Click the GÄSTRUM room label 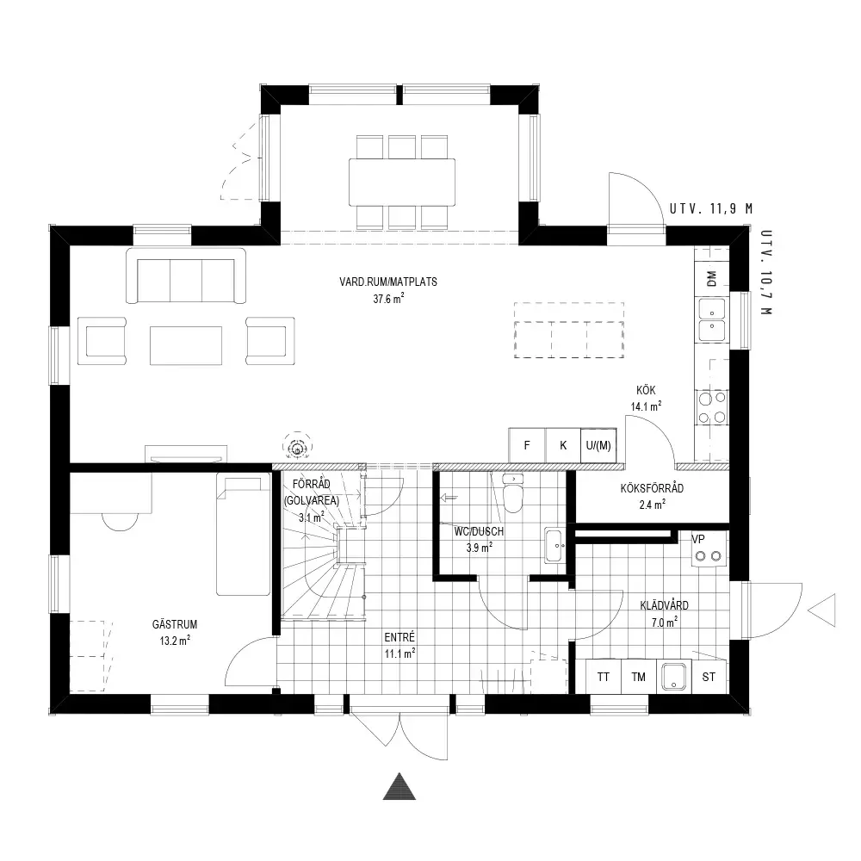[x=175, y=624]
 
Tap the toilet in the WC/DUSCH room [x=513, y=492]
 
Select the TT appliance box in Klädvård [x=604, y=677]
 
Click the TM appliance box [x=639, y=677]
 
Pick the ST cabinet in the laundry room [x=709, y=677]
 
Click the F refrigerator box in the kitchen [x=527, y=445]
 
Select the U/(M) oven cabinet [x=598, y=445]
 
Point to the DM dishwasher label [x=712, y=278]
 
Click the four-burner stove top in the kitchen [x=712, y=407]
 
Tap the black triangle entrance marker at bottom [x=400, y=786]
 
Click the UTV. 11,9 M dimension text [x=711, y=208]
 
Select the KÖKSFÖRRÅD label [x=653, y=487]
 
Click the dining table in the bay [x=402, y=182]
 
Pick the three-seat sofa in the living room [x=186, y=276]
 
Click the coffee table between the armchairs [x=186, y=345]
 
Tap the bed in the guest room [x=244, y=534]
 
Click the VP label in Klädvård [x=698, y=539]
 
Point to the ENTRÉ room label [x=400, y=637]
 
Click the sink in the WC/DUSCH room [x=554, y=545]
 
